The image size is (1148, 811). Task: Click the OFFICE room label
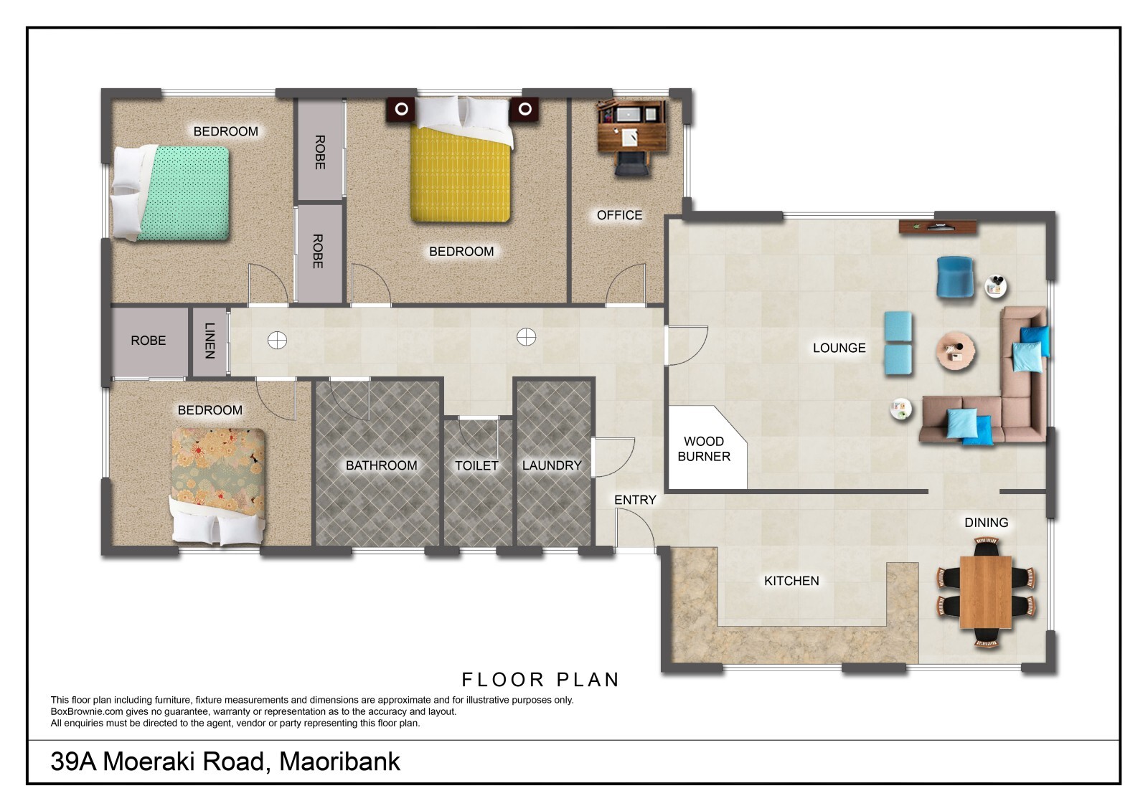(619, 215)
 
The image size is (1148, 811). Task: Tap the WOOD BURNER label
(704, 449)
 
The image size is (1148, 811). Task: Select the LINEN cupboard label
(210, 341)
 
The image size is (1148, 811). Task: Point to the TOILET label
(476, 465)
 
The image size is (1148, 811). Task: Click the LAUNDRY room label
(552, 465)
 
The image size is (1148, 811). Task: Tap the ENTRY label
(635, 500)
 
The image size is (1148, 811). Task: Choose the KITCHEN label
(791, 581)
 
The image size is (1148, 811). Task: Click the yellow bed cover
(461, 174)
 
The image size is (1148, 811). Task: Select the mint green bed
(171, 193)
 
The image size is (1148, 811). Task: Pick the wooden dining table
(986, 592)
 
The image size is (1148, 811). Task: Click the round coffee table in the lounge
(955, 351)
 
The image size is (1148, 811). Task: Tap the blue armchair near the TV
(955, 278)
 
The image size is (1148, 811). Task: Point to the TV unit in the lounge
(938, 227)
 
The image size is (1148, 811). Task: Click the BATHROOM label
(381, 465)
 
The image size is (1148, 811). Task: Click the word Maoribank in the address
(339, 762)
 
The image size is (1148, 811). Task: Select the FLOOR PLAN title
(541, 680)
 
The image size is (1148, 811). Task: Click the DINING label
(986, 523)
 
